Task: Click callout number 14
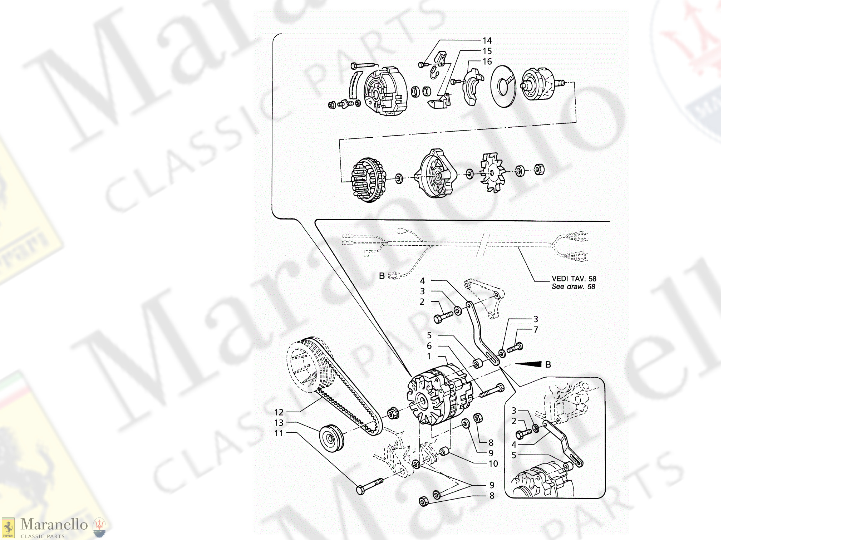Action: (x=487, y=40)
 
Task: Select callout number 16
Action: (x=487, y=62)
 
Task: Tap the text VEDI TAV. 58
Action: (x=574, y=279)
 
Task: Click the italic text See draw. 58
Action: (x=573, y=287)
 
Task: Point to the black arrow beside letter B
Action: (x=529, y=364)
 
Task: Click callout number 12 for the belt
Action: (x=279, y=412)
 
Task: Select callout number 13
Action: (x=279, y=423)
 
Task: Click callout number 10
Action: (x=493, y=464)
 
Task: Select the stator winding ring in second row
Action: (x=368, y=180)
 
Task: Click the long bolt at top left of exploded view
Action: (x=363, y=65)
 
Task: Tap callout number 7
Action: (x=535, y=330)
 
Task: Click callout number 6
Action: (x=429, y=346)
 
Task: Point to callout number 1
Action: (x=429, y=356)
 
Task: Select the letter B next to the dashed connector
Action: (x=382, y=276)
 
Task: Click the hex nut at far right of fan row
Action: (x=539, y=169)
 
